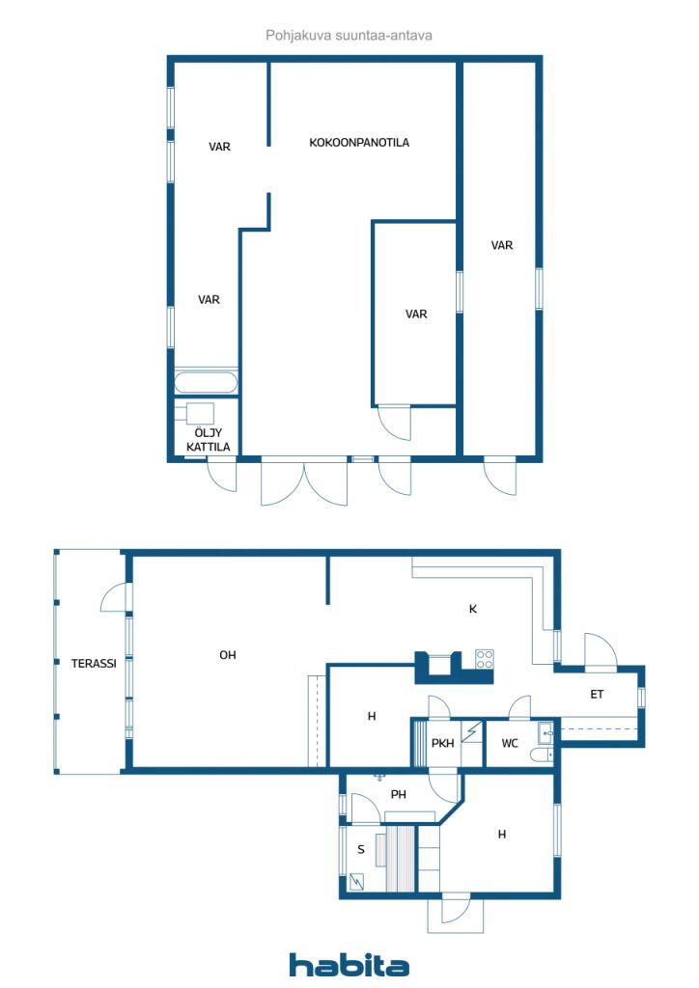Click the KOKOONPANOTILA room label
[358, 143]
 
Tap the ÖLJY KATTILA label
[208, 440]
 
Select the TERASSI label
[94, 663]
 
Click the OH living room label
[228, 655]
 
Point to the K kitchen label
[473, 609]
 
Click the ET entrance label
[597, 695]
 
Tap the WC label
[509, 744]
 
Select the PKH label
[442, 744]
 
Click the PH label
[399, 795]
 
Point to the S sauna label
[361, 849]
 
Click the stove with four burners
[484, 659]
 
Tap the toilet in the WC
[541, 755]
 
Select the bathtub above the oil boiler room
[206, 382]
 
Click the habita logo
[349, 965]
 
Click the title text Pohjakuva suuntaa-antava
[349, 36]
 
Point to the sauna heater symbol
[357, 882]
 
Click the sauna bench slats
[401, 858]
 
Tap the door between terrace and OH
[117, 597]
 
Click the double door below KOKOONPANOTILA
[304, 483]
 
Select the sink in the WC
[545, 733]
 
